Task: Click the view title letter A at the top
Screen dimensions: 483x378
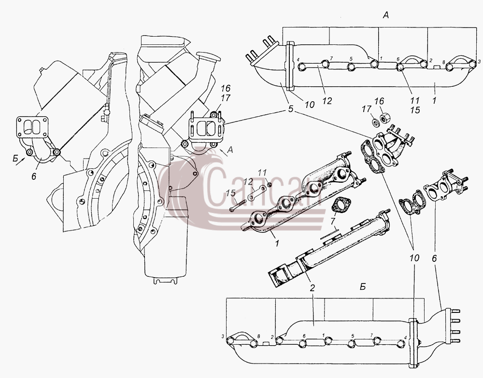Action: pyautogui.click(x=385, y=15)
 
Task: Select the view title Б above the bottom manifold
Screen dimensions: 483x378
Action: pyautogui.click(x=363, y=287)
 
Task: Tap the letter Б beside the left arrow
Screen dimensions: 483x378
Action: pyautogui.click(x=15, y=159)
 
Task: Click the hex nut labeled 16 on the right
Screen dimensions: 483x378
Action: pyautogui.click(x=385, y=118)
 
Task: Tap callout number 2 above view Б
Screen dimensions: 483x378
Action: pyautogui.click(x=313, y=288)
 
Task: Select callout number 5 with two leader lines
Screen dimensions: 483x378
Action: pyautogui.click(x=291, y=109)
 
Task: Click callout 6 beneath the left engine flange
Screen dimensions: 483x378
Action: pyautogui.click(x=34, y=176)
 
